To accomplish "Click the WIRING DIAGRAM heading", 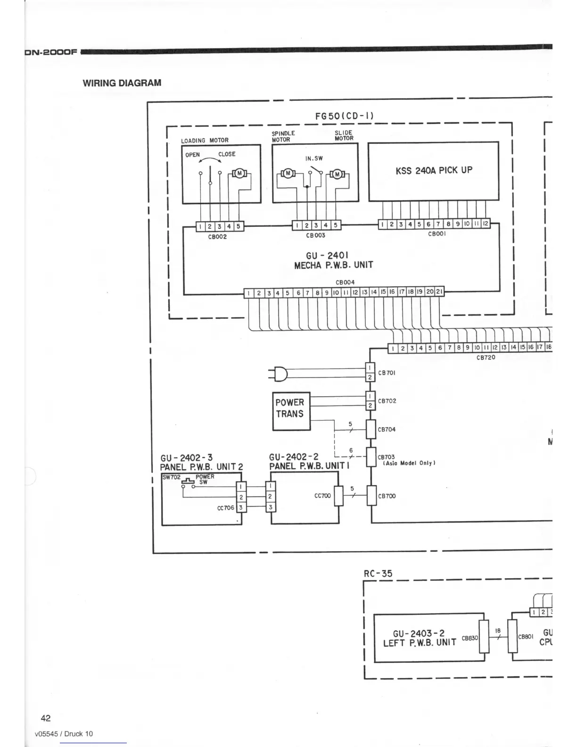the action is click(x=122, y=83).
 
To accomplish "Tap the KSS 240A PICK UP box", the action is click(x=433, y=171).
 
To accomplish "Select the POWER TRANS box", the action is click(x=291, y=411).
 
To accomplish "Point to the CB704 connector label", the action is click(x=387, y=430).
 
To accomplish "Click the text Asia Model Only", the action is click(x=408, y=463).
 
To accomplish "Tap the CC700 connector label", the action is click(x=322, y=496).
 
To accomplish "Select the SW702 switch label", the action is click(x=171, y=477).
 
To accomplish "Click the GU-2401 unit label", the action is click(x=327, y=256).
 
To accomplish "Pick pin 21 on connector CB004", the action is click(x=438, y=293).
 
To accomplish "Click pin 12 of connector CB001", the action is click(x=485, y=224).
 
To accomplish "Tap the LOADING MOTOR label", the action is click(x=205, y=140).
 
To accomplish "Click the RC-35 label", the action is click(x=378, y=573).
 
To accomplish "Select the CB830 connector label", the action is click(x=469, y=638).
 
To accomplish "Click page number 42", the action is click(x=46, y=718).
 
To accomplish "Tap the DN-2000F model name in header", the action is click(x=50, y=52).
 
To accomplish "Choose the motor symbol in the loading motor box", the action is click(x=239, y=174).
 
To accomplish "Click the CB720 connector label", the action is click(x=486, y=357).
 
